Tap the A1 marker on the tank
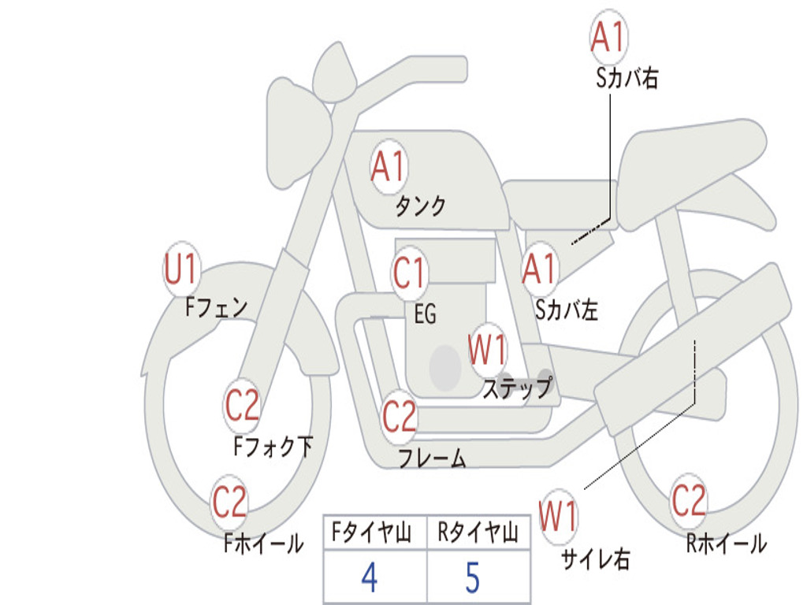click(x=389, y=166)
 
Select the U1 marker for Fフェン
click(x=181, y=269)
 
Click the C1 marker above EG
click(x=409, y=273)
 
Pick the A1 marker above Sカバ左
click(x=539, y=269)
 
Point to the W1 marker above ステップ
click(x=487, y=350)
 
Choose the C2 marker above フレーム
click(x=400, y=416)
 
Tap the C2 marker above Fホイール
click(x=229, y=502)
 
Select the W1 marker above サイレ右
click(x=559, y=516)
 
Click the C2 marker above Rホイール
click(x=689, y=500)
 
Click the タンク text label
click(x=421, y=206)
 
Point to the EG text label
click(x=425, y=314)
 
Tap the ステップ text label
click(x=517, y=388)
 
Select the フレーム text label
click(x=432, y=458)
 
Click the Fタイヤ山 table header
click(x=372, y=532)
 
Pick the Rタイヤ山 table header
click(x=478, y=532)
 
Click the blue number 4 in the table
click(x=370, y=577)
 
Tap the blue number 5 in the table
click(x=473, y=577)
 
